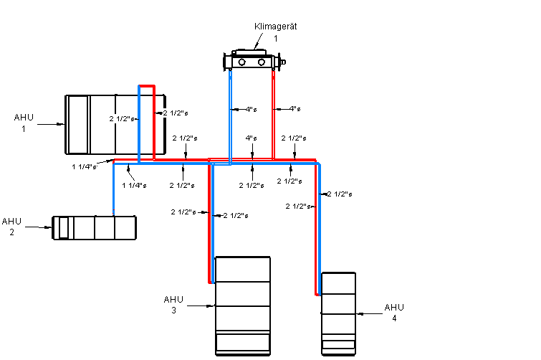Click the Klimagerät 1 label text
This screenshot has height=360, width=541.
pyautogui.click(x=276, y=32)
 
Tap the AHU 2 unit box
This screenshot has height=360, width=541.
pyautogui.click(x=95, y=227)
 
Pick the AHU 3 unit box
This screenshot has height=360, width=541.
pyautogui.click(x=243, y=305)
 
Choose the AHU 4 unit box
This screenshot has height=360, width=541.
pyautogui.click(x=338, y=313)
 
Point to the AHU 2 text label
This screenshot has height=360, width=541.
pyautogui.click(x=12, y=227)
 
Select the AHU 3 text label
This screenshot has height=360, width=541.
pyautogui.click(x=173, y=305)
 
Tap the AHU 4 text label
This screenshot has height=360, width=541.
pyautogui.click(x=394, y=313)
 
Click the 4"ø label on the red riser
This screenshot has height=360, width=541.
pyautogui.click(x=294, y=109)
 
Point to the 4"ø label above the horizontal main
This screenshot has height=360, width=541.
pyautogui.click(x=251, y=138)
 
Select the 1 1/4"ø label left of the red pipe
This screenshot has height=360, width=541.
pyautogui.click(x=84, y=167)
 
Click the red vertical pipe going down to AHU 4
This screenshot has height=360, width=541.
pyautogui.click(x=316, y=229)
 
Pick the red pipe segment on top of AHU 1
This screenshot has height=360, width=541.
pyautogui.click(x=147, y=85)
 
